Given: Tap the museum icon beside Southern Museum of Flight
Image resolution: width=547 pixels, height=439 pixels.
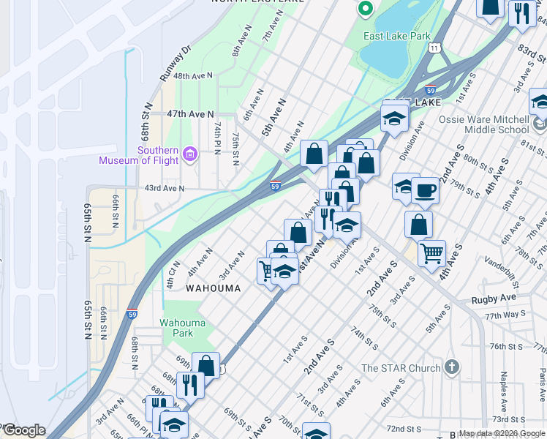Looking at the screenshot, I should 190,154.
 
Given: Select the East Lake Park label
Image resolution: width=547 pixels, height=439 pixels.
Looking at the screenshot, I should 399,35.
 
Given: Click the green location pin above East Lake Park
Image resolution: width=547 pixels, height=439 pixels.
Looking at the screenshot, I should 365,10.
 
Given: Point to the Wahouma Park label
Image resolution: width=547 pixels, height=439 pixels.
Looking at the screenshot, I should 178,327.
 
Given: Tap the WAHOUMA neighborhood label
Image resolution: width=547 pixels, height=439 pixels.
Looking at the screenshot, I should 213,288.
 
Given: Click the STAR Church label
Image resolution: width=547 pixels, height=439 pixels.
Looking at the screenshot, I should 401,368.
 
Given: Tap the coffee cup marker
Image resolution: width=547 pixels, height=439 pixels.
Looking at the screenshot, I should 425,191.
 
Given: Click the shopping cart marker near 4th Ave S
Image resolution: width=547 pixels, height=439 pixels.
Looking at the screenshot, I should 432,253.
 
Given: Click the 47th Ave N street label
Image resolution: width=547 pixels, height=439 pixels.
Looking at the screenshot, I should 190,114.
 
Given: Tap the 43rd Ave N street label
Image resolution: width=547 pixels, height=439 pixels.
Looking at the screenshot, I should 165,188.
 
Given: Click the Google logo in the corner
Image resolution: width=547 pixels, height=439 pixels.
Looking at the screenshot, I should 23,430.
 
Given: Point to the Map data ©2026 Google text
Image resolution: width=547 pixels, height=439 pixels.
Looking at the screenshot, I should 502,433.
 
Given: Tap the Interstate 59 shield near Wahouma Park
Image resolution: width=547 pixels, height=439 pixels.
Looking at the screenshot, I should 132,313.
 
